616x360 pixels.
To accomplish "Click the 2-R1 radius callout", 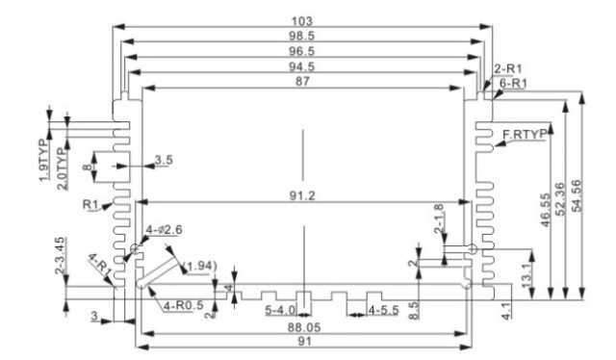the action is pyautogui.click(x=507, y=69).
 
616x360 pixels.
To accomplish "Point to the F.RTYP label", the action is pyautogui.click(x=524, y=135).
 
